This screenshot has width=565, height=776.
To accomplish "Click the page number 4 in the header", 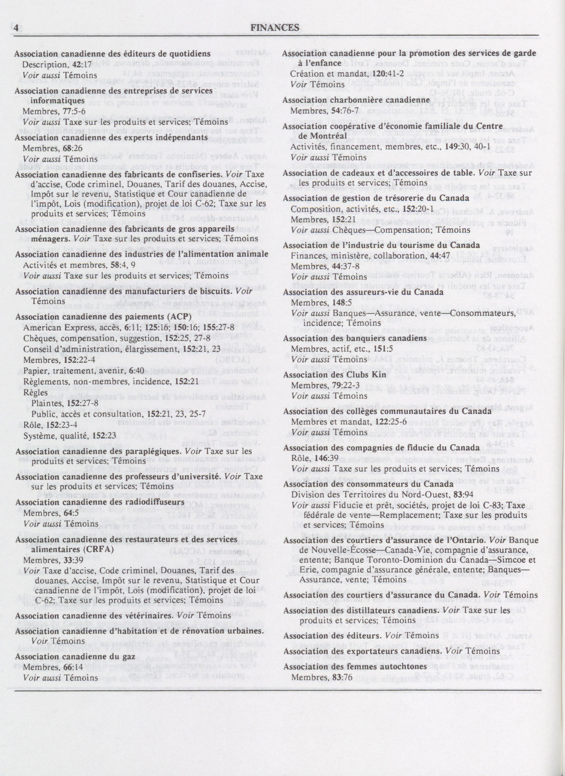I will click(x=16, y=28).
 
